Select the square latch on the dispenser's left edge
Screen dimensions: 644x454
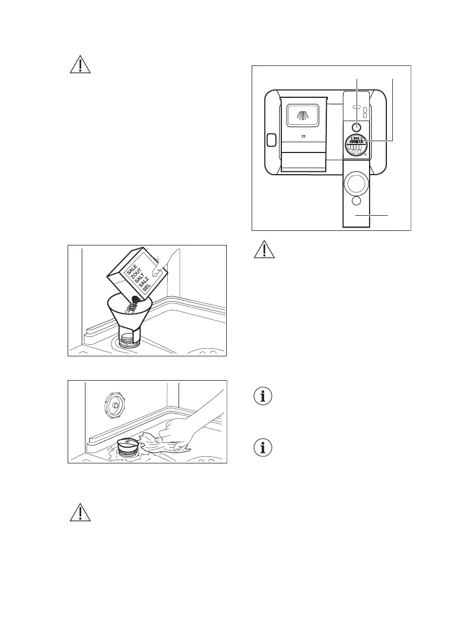(272, 141)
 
